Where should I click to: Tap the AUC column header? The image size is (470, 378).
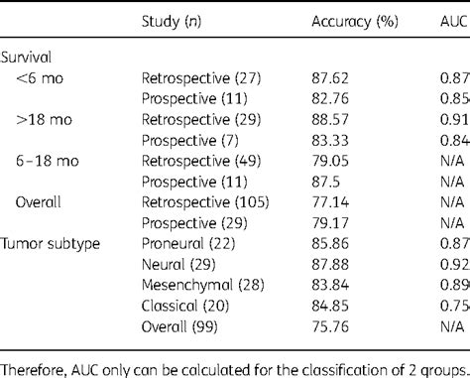[452, 22]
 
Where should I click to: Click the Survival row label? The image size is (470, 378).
[29, 57]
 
